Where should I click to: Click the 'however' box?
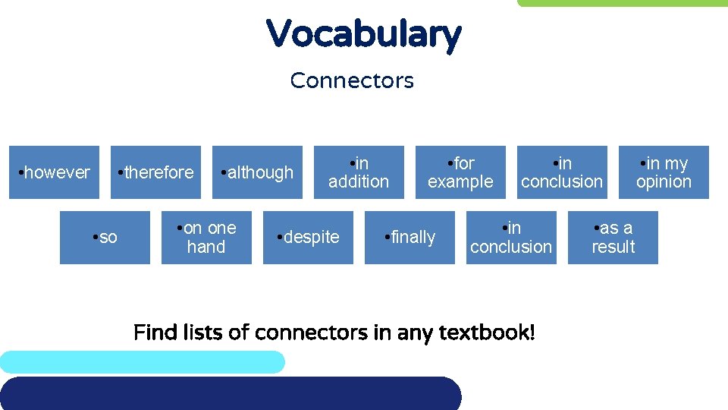(54, 172)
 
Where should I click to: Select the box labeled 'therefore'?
(155, 172)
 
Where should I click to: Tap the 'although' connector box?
(257, 172)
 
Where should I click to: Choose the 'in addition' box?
(359, 172)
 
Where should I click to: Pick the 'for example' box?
(460, 172)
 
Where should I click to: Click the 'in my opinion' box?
(664, 172)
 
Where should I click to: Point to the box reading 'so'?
(105, 237)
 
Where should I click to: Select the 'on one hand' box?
(206, 237)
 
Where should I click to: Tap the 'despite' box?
(308, 237)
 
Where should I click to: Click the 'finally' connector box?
(409, 237)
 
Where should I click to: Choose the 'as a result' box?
(613, 237)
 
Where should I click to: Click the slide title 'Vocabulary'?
(363, 34)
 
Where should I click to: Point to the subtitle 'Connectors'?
(352, 80)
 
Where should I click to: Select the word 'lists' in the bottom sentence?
(199, 333)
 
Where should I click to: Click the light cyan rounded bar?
(143, 362)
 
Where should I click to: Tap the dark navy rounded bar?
(227, 393)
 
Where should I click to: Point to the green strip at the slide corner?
(622, 3)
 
